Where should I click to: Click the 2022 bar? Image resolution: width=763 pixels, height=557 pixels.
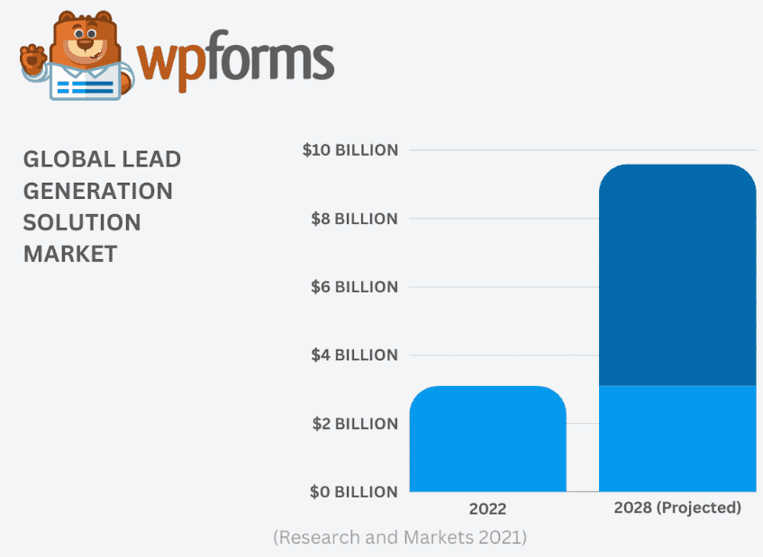tap(487, 439)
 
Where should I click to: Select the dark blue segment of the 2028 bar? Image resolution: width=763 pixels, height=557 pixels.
tap(677, 274)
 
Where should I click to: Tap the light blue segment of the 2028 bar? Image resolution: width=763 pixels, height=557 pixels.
tap(677, 438)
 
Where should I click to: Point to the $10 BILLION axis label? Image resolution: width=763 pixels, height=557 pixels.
tap(350, 150)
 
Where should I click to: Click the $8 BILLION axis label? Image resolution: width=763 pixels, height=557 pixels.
tap(352, 219)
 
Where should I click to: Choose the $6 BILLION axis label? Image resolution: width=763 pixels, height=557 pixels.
tap(352, 287)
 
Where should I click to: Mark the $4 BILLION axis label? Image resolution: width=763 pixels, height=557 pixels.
tap(352, 355)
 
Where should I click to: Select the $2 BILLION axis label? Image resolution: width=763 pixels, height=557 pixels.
tap(352, 424)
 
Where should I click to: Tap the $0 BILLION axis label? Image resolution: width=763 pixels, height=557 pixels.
tap(352, 492)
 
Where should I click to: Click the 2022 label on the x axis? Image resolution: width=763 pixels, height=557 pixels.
tap(487, 509)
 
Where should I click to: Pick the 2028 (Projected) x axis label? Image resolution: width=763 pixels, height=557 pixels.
tap(677, 508)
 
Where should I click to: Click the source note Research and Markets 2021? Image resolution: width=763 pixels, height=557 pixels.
tap(400, 538)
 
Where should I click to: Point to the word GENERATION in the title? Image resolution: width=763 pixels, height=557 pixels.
tap(97, 191)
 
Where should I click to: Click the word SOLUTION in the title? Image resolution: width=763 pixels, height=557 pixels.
tap(82, 222)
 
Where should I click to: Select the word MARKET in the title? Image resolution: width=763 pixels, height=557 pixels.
tap(70, 254)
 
